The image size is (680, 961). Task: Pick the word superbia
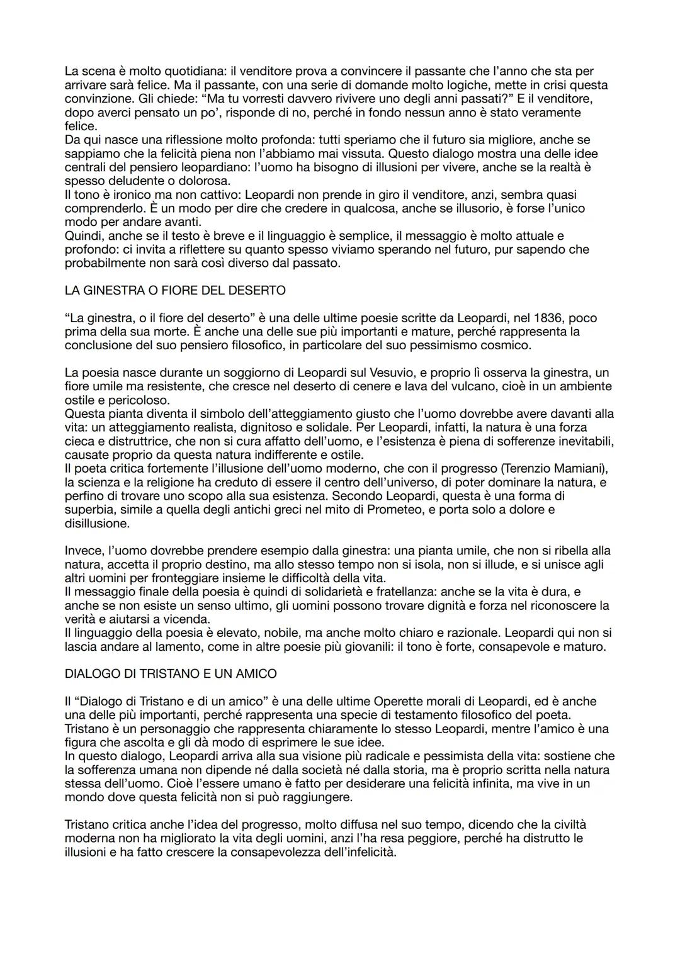(87, 509)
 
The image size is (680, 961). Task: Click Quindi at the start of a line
(83, 235)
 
